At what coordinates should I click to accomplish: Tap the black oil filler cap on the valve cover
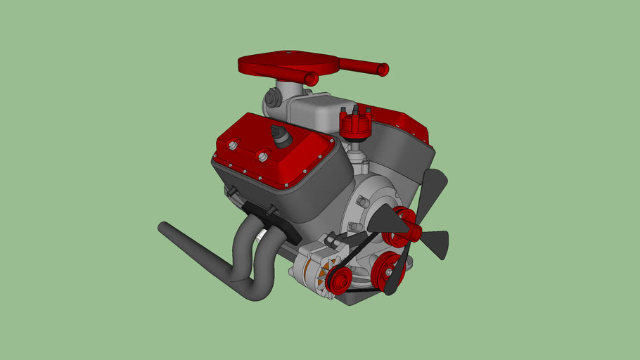(x=281, y=136)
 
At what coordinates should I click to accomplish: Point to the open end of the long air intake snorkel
(x=384, y=69)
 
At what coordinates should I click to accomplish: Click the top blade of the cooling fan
(x=432, y=190)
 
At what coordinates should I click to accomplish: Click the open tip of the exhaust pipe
(x=163, y=228)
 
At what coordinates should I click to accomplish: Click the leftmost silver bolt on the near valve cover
(x=231, y=146)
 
